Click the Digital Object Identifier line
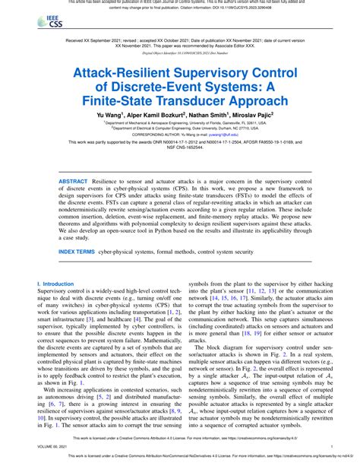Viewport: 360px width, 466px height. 180,53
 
